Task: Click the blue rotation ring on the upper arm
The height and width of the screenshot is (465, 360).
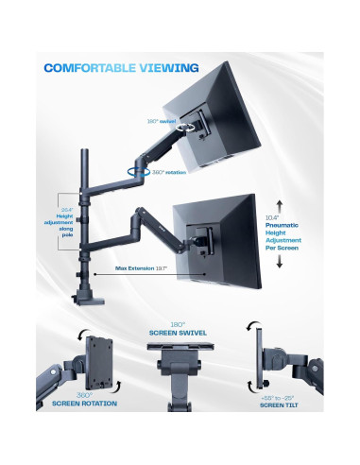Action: [142, 171]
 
